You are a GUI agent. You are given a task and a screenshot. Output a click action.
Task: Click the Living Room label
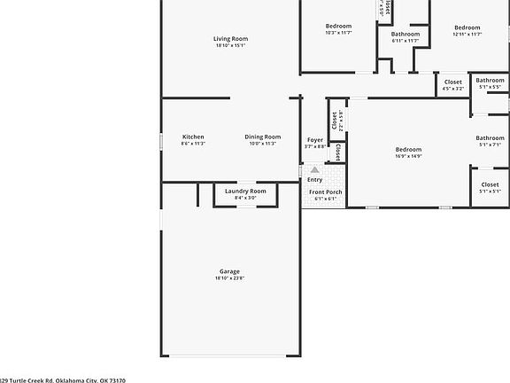(230, 39)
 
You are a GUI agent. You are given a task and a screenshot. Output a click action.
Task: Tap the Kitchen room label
(193, 137)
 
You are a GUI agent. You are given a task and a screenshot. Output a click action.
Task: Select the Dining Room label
(263, 137)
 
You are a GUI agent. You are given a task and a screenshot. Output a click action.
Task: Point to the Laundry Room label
(245, 191)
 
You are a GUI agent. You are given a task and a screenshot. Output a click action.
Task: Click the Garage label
(229, 271)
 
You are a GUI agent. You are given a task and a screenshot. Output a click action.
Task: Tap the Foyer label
(314, 140)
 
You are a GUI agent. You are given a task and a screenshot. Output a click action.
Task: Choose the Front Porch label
(325, 191)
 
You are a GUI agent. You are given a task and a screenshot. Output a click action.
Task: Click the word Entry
(315, 180)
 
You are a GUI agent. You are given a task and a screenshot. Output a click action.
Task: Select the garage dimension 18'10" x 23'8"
(229, 278)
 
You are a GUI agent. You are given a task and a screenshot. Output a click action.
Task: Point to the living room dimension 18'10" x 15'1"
(230, 45)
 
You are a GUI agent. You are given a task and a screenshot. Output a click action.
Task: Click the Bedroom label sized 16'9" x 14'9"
(408, 149)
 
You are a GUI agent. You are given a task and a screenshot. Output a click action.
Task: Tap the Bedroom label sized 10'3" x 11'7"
(338, 27)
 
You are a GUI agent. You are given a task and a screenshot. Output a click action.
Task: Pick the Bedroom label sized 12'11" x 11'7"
(467, 27)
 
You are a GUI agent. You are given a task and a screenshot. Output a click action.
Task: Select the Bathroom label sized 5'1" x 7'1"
(490, 137)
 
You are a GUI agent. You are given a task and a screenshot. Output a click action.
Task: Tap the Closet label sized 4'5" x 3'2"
(453, 82)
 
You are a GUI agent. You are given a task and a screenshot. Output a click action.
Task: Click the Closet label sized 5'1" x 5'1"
(490, 184)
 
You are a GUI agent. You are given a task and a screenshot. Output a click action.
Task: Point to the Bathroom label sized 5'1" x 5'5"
(490, 81)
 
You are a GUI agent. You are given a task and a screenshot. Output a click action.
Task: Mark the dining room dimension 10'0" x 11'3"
(263, 144)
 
